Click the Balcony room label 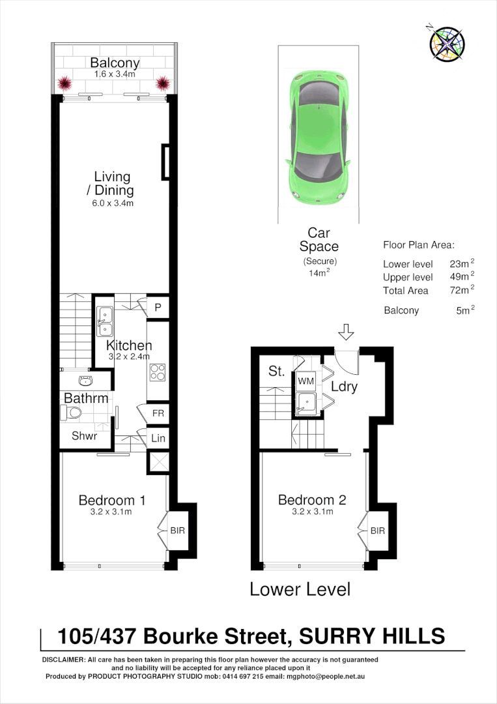coord(115,63)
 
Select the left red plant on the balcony coord(65,83)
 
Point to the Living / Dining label coord(112,184)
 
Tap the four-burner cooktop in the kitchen coord(158,372)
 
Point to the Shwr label coord(84,436)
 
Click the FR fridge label coord(158,413)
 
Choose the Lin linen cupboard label coord(158,439)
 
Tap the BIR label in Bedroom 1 coord(177,531)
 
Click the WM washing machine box coord(306,380)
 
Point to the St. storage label coord(276,372)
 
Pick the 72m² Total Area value coord(461,290)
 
